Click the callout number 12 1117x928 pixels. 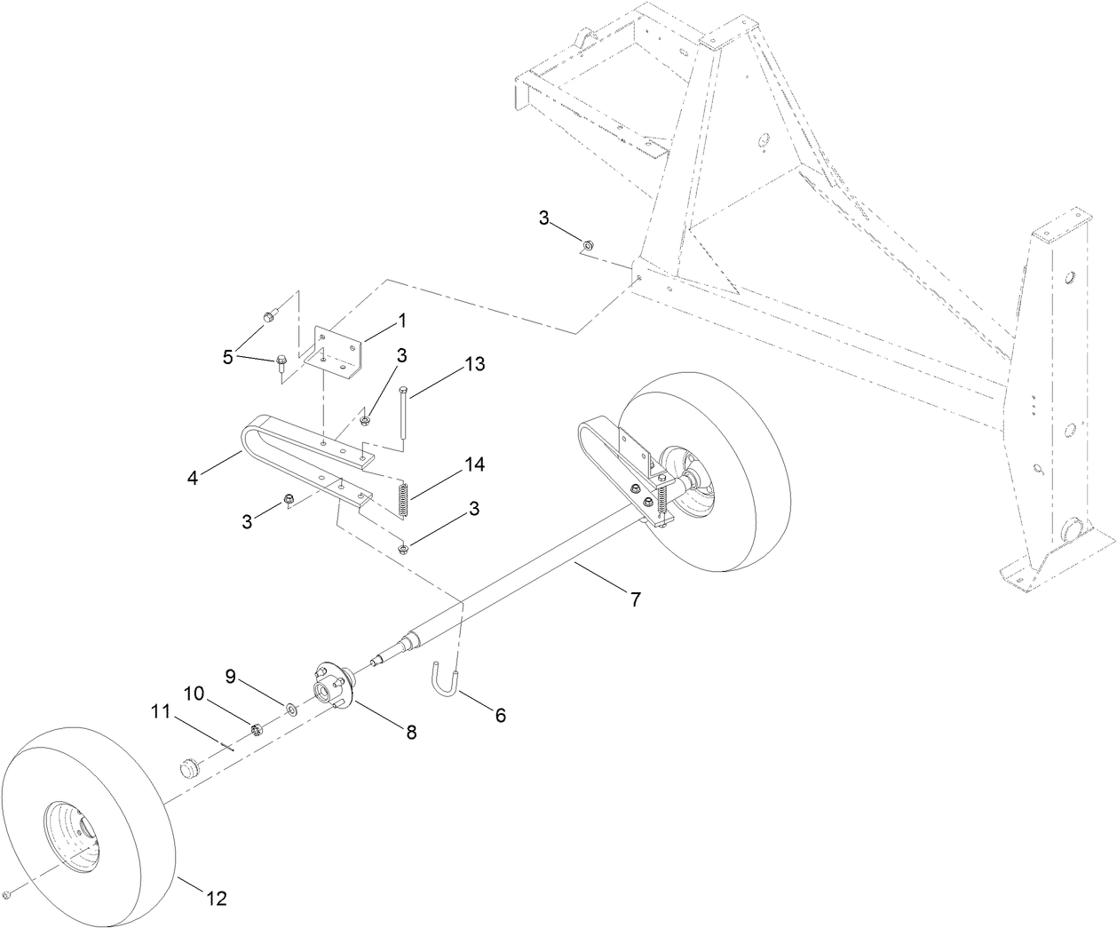tap(216, 900)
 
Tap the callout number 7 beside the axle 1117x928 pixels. tap(634, 599)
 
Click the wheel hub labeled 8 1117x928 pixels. tap(333, 684)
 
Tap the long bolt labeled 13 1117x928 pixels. tap(405, 413)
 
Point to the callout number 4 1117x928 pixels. tap(193, 477)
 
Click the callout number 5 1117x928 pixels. tap(228, 357)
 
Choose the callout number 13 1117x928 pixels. tap(475, 364)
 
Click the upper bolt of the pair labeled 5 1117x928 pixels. tap(271, 314)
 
